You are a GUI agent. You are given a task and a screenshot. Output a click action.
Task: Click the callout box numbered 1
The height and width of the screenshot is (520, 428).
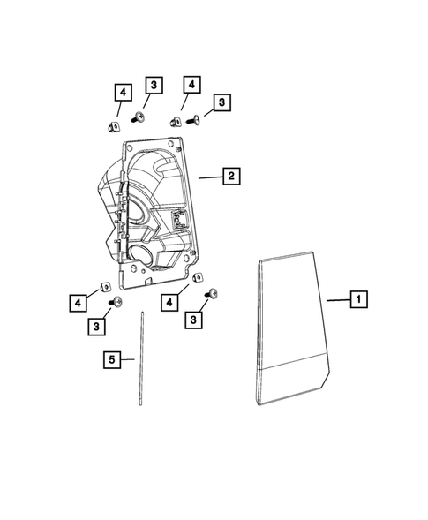[358, 299]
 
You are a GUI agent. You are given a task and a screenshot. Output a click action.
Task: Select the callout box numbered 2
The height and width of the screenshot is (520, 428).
[229, 177]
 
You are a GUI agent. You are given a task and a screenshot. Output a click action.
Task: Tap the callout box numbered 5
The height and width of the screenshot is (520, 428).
[111, 359]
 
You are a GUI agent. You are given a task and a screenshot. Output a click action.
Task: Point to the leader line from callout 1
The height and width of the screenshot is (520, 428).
[336, 300]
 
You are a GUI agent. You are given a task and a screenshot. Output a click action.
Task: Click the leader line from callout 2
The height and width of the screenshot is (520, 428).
[208, 177]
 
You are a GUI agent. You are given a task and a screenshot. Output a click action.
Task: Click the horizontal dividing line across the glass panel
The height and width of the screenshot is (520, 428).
[291, 365]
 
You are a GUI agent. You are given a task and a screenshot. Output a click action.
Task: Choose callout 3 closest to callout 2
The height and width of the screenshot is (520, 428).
[221, 103]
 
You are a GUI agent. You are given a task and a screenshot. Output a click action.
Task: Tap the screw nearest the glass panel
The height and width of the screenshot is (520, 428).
[213, 294]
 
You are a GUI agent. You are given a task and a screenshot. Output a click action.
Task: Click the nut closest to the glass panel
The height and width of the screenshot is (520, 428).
[199, 278]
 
